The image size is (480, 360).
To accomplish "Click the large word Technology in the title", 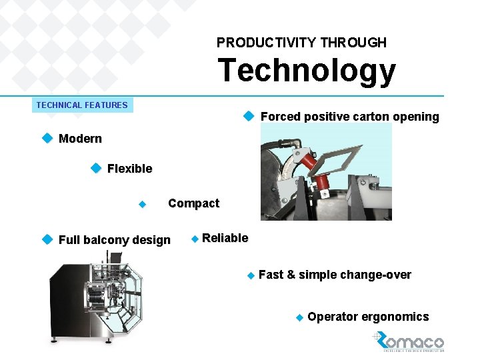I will coord(306,71).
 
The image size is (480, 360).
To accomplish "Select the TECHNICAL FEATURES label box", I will coord(82,105).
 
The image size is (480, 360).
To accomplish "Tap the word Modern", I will coord(80,139).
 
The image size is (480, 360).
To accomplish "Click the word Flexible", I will coord(129,169).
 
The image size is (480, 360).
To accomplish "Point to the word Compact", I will coord(193,203).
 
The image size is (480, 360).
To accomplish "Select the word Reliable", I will coord(225,238).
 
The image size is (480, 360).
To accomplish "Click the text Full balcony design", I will coord(114,240).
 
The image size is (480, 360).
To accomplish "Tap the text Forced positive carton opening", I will coord(349,117).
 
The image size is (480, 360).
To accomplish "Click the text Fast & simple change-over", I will coord(334,275).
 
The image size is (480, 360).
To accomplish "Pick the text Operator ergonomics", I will coord(368,317).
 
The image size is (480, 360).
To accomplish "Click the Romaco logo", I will coord(408,341).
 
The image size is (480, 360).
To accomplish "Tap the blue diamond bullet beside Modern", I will coord(47,138).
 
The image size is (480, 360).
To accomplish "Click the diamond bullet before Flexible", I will coord(95,168).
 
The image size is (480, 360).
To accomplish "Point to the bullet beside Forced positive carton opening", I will coord(249,116).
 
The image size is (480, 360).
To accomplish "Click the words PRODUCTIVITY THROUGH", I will coord(301,43).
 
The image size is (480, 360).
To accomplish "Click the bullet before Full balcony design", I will coord(47,239).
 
